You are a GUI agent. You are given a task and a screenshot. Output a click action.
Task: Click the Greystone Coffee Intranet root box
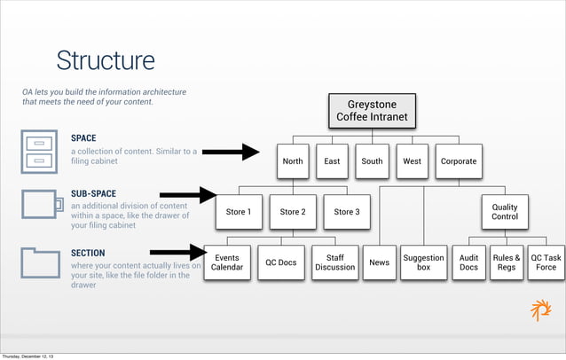point(372,111)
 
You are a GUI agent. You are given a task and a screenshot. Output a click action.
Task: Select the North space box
point(292,161)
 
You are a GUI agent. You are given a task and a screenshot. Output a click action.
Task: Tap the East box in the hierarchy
point(332,161)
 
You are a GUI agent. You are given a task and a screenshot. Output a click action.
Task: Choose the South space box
point(372,161)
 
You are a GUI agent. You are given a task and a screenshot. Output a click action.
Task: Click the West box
point(412,161)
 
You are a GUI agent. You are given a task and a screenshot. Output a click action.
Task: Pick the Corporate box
point(459,161)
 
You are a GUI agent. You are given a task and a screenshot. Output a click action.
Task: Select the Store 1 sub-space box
point(238,212)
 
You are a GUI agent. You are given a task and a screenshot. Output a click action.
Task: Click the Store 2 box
point(292,212)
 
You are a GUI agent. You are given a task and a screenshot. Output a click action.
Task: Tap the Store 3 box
point(346,212)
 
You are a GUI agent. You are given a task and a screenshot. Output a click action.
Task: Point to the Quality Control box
point(504,212)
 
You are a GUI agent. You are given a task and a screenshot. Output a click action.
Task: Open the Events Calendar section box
point(226,262)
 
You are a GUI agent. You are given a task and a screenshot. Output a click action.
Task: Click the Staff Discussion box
point(334,262)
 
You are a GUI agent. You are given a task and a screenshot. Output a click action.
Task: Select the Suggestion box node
point(423,262)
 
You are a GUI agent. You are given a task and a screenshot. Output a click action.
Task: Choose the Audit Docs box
point(468,262)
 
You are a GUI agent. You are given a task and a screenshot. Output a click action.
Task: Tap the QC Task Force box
point(546,262)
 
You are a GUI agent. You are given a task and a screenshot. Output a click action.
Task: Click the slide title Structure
point(106,60)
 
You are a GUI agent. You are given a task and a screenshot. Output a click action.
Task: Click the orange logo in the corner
point(540,310)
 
